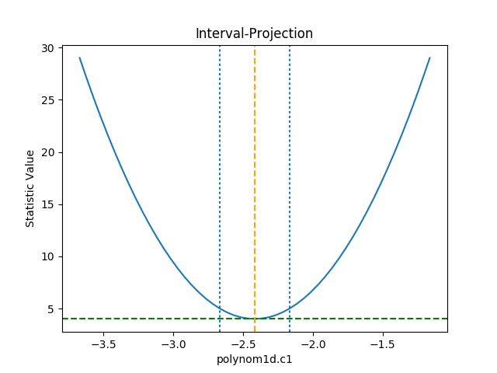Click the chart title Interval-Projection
click(254, 34)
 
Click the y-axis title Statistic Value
click(30, 188)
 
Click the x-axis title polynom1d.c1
click(255, 359)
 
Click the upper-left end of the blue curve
click(80, 58)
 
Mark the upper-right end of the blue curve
click(429, 58)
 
